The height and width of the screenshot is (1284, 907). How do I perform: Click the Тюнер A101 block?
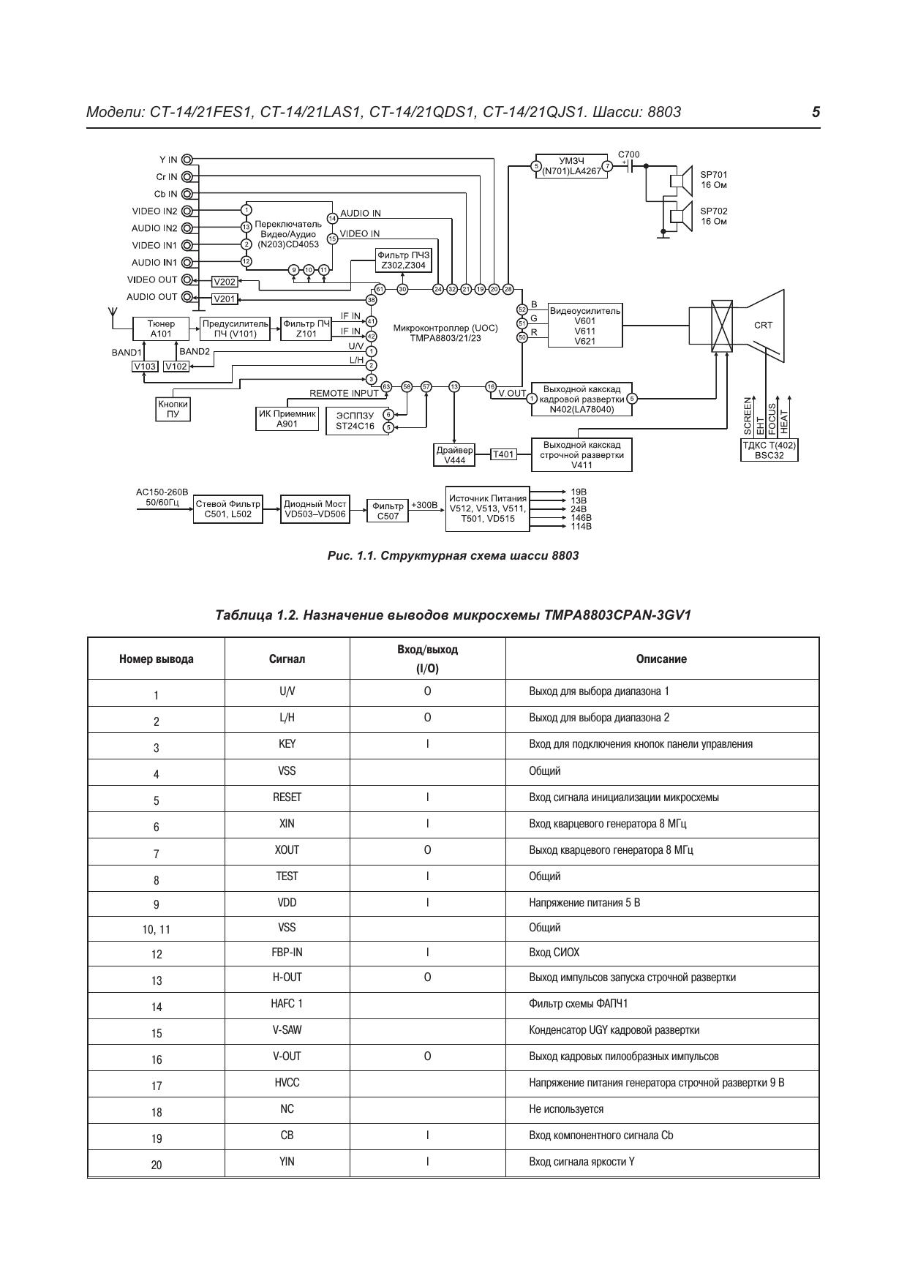[x=161, y=328]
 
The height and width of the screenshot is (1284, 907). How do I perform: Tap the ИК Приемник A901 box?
[x=287, y=418]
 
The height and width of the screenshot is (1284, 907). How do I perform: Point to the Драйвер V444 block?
[x=455, y=455]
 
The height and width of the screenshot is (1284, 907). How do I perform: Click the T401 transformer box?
[x=503, y=454]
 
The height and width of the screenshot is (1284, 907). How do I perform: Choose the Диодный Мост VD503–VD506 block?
[x=315, y=508]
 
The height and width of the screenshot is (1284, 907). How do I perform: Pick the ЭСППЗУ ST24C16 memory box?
[x=355, y=421]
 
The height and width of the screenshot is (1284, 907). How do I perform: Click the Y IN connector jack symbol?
[x=188, y=159]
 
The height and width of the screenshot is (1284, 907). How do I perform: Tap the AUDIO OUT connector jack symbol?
[x=188, y=297]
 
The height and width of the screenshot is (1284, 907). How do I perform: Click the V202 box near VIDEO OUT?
[x=225, y=282]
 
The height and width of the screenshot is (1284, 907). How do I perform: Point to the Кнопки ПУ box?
[x=173, y=409]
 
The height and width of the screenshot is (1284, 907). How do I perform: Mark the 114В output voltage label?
[x=581, y=527]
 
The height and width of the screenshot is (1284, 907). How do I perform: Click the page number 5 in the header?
[x=816, y=112]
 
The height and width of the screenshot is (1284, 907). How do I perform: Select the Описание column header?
[x=661, y=659]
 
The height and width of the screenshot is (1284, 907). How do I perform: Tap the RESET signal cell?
[x=287, y=797]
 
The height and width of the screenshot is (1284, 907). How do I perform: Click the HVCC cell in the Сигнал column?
[x=287, y=1083]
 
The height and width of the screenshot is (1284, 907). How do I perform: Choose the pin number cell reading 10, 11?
[x=157, y=929]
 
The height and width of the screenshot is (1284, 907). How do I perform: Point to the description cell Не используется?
[x=566, y=1109]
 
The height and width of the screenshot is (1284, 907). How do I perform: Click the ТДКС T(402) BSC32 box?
[x=769, y=450]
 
